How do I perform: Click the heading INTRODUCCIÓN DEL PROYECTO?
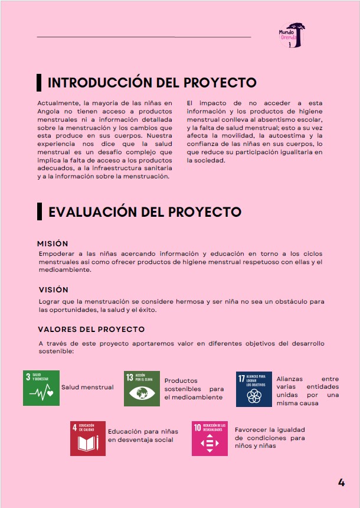point(152,82)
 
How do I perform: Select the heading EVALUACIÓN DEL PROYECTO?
point(145,212)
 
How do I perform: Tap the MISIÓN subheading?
point(53,243)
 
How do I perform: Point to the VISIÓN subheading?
point(53,289)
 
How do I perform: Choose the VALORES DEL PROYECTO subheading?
point(91,329)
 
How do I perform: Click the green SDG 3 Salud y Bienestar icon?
point(41,388)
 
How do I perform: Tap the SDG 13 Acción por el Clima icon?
point(142,388)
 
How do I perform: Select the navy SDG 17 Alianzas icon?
point(254,389)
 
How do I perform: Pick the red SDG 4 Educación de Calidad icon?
point(88,438)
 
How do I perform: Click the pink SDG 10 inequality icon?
point(210,438)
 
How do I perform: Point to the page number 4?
point(341,482)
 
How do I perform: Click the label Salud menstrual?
point(87,387)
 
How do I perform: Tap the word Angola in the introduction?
point(49,111)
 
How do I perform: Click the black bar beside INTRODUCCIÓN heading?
point(39,82)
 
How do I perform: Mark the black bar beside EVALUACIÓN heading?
point(39,211)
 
